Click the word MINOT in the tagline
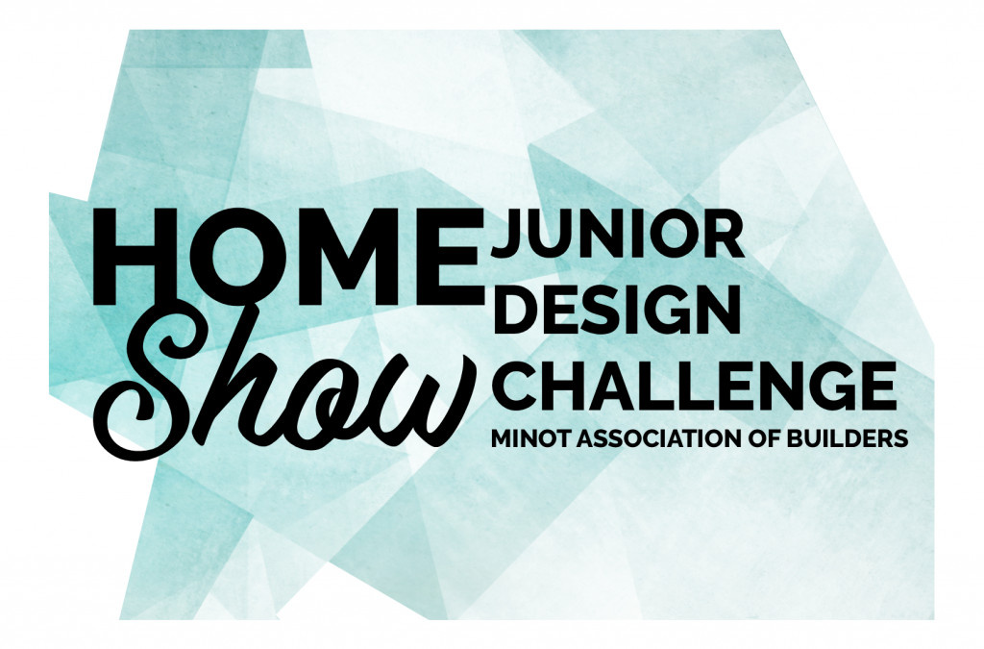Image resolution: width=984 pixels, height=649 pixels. (x=531, y=438)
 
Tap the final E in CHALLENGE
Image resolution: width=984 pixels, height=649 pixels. (x=877, y=383)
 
